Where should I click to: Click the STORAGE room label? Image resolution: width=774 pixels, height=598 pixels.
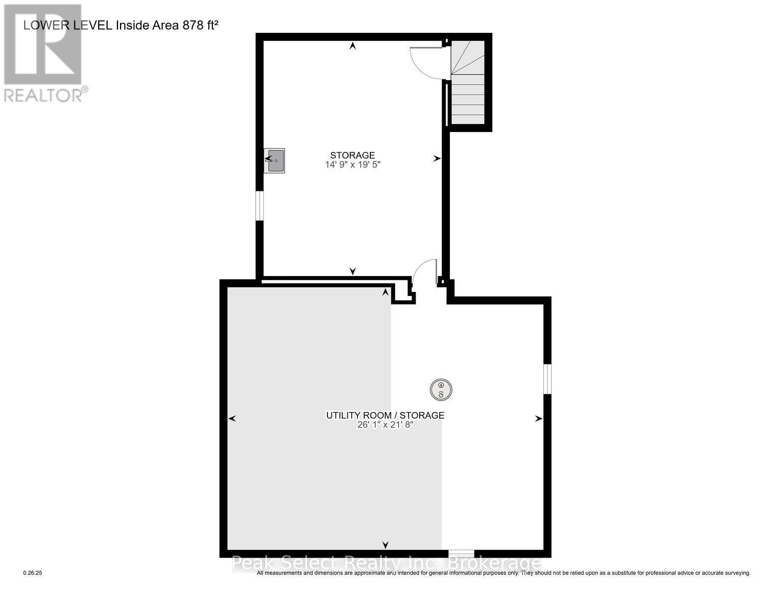[352, 155]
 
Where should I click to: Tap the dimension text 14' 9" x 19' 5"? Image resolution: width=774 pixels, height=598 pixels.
[352, 164]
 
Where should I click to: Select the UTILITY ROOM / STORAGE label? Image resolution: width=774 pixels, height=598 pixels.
[385, 415]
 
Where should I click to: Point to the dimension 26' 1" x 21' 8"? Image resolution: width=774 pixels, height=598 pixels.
[385, 425]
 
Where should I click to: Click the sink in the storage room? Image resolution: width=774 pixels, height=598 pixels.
[275, 160]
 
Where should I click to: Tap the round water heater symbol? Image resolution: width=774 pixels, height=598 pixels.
[441, 389]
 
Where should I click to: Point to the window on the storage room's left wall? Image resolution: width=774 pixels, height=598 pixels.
[259, 205]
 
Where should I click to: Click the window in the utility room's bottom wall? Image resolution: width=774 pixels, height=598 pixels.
[461, 553]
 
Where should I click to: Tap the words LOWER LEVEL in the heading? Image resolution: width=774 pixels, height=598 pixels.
[68, 25]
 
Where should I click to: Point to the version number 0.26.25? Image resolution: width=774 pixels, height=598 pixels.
[33, 573]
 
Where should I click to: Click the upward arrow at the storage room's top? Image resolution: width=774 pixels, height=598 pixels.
[353, 46]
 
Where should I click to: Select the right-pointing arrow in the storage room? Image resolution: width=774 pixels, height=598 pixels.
[437, 158]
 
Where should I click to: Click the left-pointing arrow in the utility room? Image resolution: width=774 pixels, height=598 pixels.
[232, 419]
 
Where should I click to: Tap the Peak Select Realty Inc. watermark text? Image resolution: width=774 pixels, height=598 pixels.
[386, 563]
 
